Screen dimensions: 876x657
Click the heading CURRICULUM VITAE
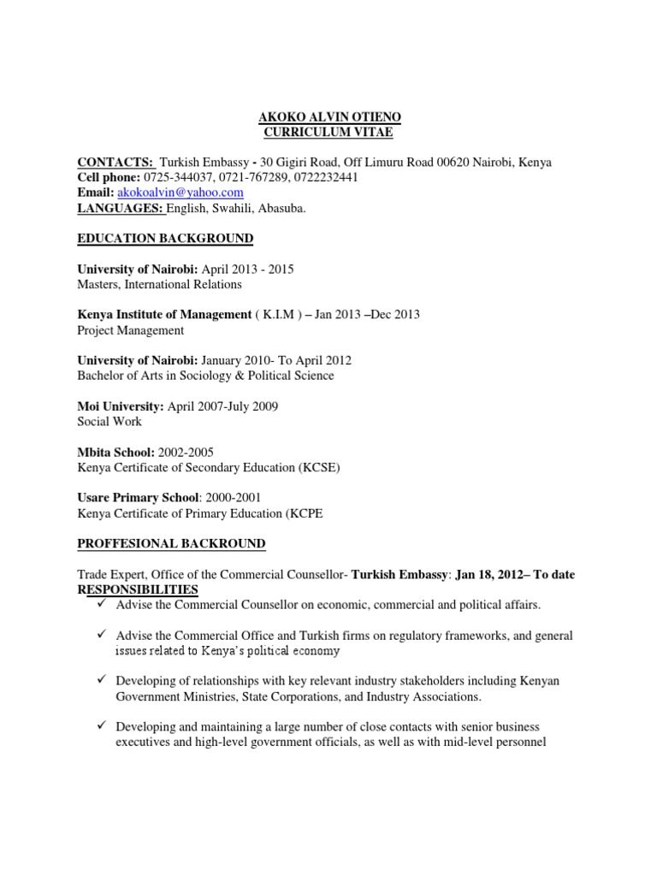coord(328,132)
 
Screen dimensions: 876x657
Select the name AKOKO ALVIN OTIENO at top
coord(328,116)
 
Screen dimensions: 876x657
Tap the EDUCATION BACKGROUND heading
coord(165,238)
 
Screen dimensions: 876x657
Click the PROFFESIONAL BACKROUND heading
coord(171,544)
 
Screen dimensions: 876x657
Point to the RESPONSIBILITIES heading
coord(138,590)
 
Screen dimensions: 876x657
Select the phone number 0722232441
coord(325,178)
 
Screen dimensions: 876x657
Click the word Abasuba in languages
coord(273,209)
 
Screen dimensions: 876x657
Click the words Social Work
coord(109,422)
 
